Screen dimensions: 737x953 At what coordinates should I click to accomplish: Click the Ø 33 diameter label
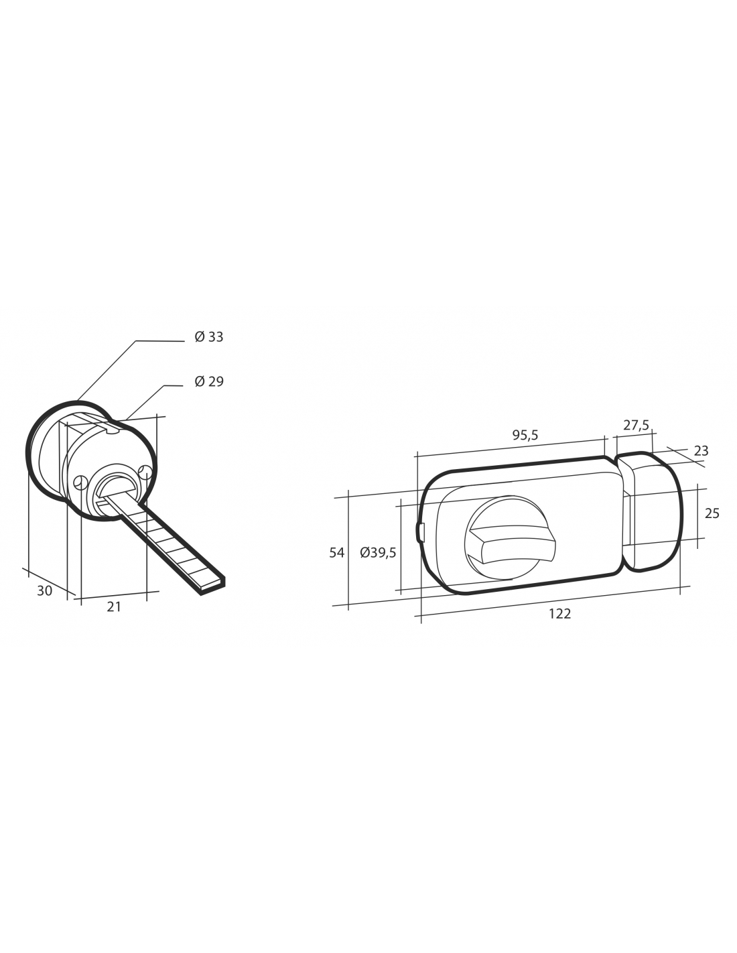[209, 337]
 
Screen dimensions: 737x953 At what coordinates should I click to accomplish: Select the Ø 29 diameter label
[209, 381]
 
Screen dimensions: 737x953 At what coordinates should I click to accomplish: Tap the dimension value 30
[44, 591]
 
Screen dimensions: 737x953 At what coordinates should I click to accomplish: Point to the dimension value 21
[113, 607]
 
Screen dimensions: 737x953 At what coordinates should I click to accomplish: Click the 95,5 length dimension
[525, 435]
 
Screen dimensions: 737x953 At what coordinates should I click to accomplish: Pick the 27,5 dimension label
[636, 424]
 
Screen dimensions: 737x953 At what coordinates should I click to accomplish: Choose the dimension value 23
[701, 451]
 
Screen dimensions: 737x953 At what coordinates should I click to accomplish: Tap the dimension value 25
[712, 513]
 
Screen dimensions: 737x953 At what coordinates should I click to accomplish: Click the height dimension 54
[337, 553]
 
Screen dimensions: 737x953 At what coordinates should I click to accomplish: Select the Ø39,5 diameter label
[378, 553]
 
